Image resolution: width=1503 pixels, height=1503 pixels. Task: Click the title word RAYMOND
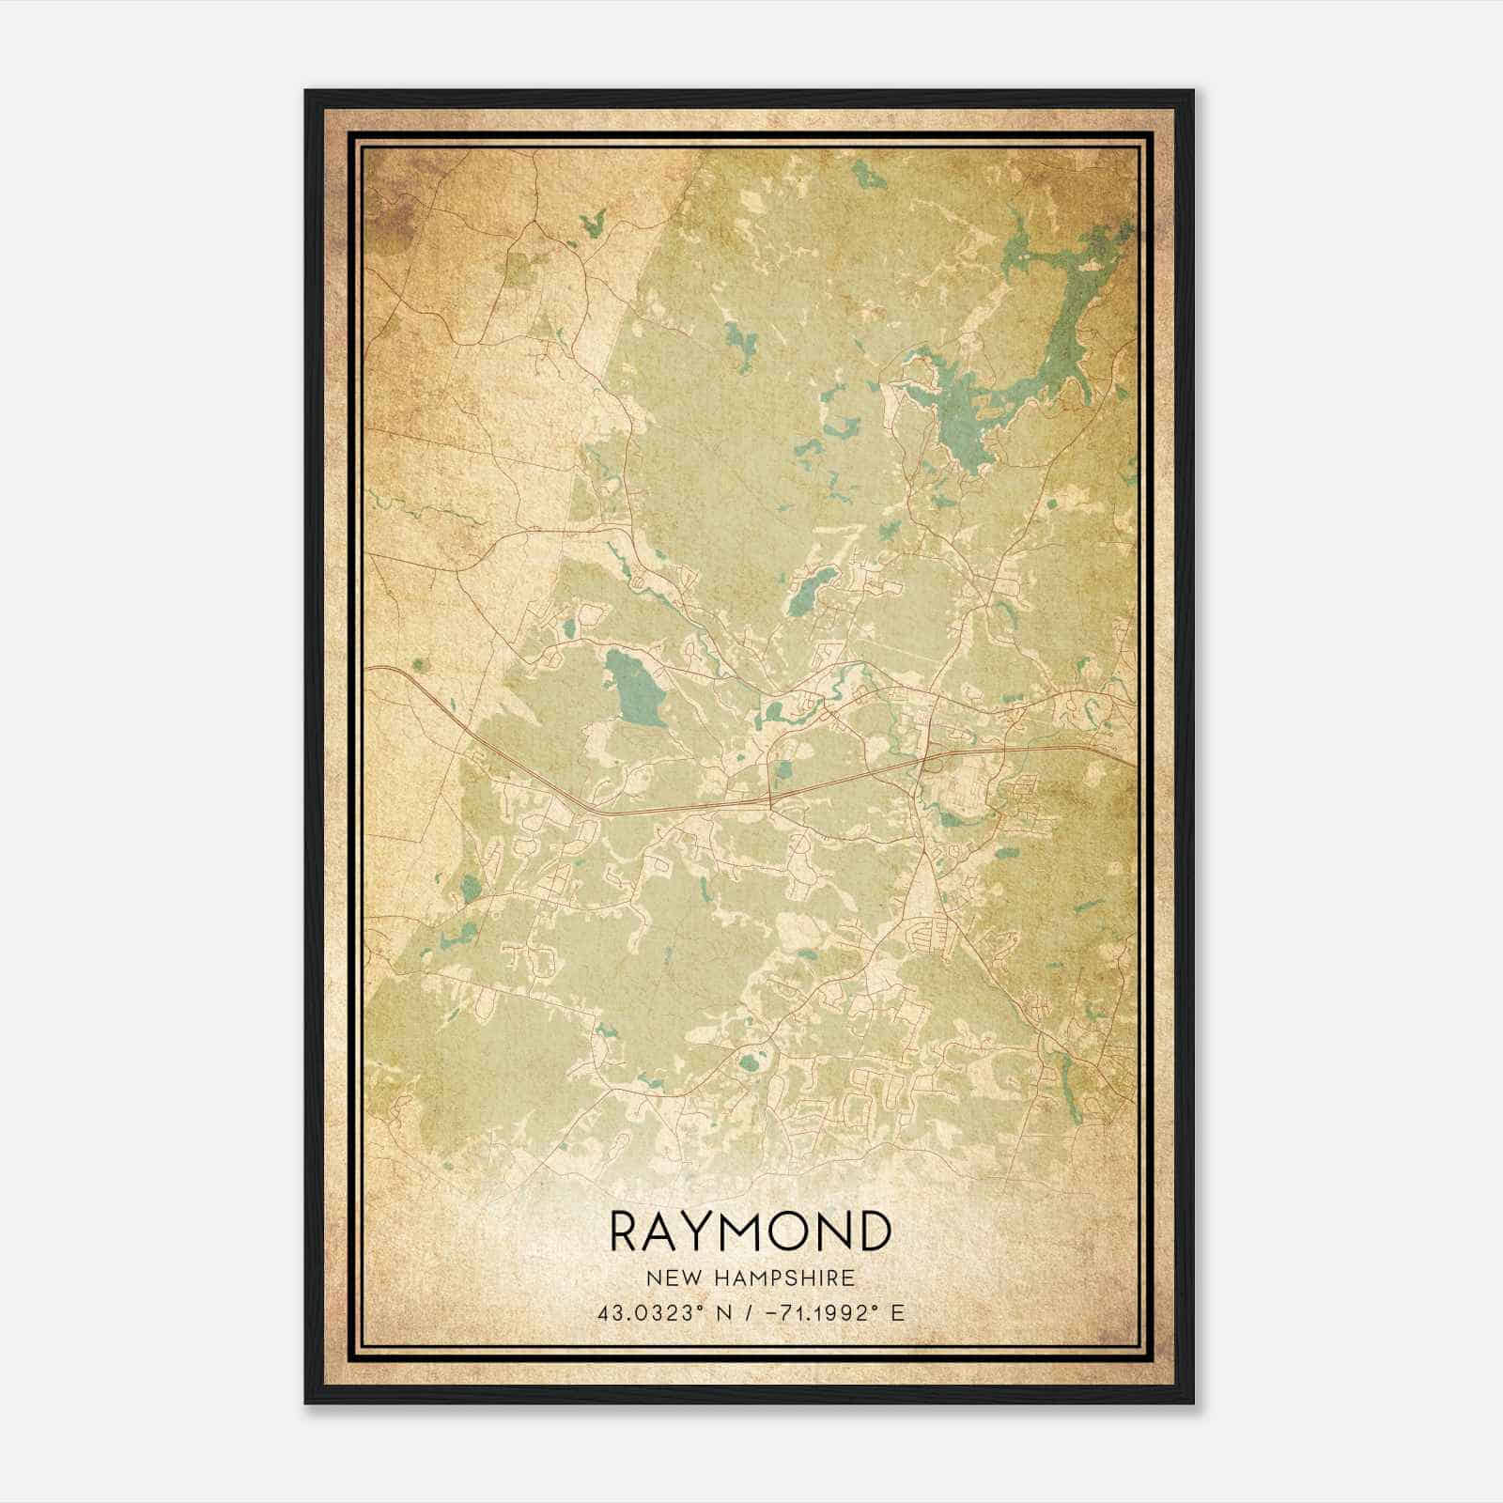(750, 1231)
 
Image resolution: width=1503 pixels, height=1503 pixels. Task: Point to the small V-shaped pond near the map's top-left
(593, 225)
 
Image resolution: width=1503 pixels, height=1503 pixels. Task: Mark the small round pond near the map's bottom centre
(748, 1064)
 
